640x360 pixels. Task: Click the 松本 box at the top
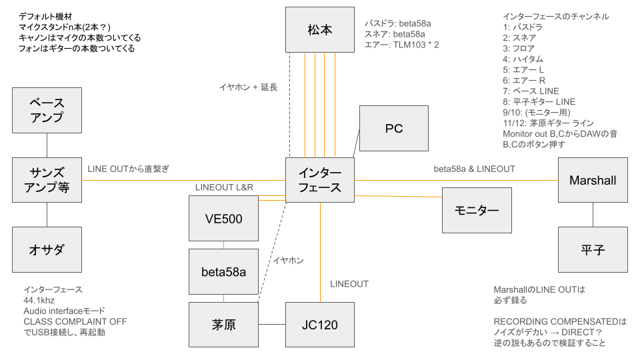click(x=320, y=30)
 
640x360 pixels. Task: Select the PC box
click(x=393, y=128)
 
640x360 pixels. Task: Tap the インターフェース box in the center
click(x=320, y=180)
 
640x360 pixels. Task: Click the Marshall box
click(x=593, y=181)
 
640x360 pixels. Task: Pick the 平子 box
click(x=593, y=249)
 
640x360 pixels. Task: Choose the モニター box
click(x=477, y=210)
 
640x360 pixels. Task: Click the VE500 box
click(x=223, y=219)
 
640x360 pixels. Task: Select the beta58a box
click(x=223, y=271)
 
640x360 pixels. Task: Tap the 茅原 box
click(x=223, y=325)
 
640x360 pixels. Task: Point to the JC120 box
click(x=320, y=325)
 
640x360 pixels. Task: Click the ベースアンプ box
click(x=47, y=110)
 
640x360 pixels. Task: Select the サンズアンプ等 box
click(x=47, y=180)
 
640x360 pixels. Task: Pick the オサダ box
click(x=47, y=249)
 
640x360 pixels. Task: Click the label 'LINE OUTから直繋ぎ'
click(x=128, y=169)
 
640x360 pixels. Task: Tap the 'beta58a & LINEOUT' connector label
click(x=474, y=169)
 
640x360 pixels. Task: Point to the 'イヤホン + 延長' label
click(x=248, y=87)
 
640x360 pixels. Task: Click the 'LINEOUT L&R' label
click(x=225, y=188)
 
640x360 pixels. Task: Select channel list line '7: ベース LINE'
click(x=531, y=91)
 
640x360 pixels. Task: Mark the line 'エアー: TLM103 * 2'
click(x=401, y=44)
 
